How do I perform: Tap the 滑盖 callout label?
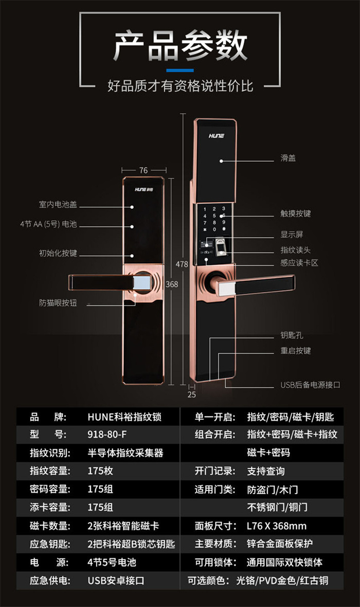[288, 158]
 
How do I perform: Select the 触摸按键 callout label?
[295, 213]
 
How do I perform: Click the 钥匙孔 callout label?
[292, 335]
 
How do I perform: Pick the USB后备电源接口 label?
[310, 384]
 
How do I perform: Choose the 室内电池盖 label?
[58, 204]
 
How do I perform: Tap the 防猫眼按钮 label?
[58, 302]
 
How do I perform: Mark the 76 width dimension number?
[143, 170]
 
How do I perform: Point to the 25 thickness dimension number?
[192, 395]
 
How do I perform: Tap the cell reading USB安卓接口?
[116, 581]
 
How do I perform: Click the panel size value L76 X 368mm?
[277, 526]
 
